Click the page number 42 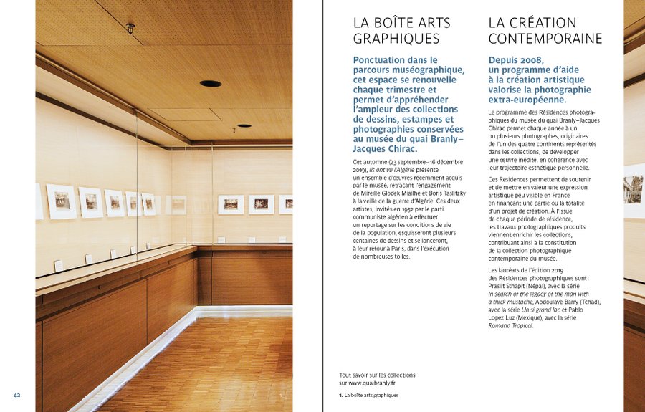[x=16, y=395]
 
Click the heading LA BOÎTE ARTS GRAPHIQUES [x=396, y=30]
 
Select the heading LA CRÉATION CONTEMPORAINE [x=545, y=30]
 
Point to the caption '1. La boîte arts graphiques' [x=368, y=395]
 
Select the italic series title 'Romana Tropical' [x=510, y=325]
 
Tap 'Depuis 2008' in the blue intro [x=516, y=60]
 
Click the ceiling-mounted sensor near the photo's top [x=130, y=28]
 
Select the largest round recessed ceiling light [x=211, y=84]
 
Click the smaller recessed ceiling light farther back [x=244, y=125]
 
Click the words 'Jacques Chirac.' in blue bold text [x=385, y=149]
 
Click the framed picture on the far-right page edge [x=634, y=190]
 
